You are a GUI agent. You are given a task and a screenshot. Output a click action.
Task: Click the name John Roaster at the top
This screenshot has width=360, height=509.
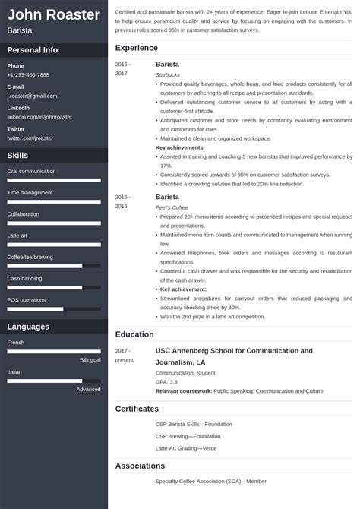click(54, 14)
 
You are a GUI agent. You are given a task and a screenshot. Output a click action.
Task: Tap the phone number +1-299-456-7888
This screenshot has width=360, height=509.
click(28, 75)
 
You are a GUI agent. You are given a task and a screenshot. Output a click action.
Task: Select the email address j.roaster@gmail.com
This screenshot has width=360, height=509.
click(32, 96)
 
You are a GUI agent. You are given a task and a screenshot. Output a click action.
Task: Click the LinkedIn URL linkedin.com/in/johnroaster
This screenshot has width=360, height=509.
click(39, 117)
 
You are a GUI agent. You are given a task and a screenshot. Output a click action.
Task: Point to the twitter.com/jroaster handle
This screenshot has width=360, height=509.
click(30, 138)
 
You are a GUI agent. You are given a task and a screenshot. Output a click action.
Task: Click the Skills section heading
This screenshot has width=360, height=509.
click(17, 156)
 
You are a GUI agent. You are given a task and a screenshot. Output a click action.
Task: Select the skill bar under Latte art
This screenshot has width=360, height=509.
click(54, 245)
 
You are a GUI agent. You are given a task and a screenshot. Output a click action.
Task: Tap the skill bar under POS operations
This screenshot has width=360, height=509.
click(54, 308)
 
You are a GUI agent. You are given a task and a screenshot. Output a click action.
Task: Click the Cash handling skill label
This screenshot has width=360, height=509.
click(24, 279)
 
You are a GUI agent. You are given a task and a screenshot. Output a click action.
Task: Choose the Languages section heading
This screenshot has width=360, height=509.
click(28, 327)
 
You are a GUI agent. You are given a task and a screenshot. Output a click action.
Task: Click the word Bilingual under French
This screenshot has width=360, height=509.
click(90, 359)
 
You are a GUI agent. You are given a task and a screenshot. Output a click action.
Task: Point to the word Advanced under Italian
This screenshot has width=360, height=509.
click(88, 389)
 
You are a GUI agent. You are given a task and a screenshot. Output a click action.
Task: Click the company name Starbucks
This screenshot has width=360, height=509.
click(168, 75)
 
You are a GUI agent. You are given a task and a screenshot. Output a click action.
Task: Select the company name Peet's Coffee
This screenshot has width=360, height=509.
click(172, 207)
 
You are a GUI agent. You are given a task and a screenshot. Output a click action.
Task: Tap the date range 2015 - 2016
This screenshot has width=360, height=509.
click(122, 201)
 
